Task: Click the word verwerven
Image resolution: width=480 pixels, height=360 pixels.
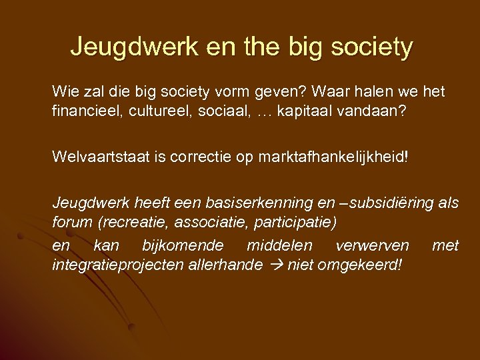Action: [x=372, y=246]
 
